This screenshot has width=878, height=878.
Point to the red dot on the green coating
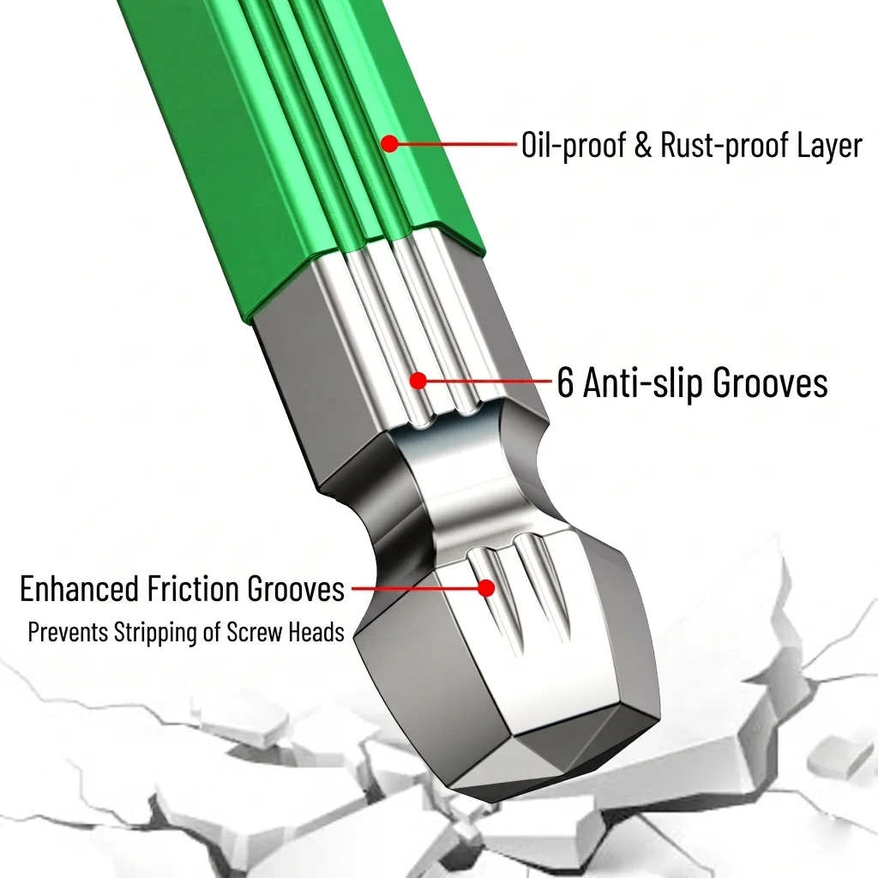(390, 143)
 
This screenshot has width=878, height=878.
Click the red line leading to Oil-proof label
(456, 144)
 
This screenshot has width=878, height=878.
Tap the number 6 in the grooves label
(566, 383)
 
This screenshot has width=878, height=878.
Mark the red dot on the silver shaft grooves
(418, 381)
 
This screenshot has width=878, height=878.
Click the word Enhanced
(79, 588)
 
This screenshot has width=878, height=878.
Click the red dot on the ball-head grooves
(487, 588)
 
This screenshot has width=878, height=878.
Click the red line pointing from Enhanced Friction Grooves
(416, 588)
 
